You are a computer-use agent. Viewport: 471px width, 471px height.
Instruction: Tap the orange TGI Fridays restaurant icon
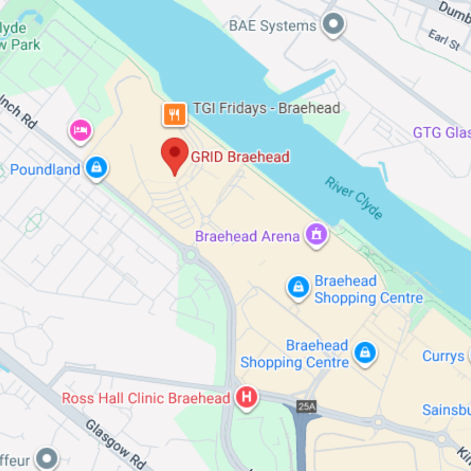pyautogui.click(x=174, y=114)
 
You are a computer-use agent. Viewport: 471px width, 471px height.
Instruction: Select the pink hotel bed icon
pyautogui.click(x=81, y=130)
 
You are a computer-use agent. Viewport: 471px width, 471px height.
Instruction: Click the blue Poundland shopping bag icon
pyautogui.click(x=97, y=167)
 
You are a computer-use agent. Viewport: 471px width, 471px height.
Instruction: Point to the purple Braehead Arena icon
pyautogui.click(x=317, y=235)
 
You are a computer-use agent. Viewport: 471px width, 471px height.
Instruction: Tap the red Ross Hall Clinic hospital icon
pyautogui.click(x=247, y=396)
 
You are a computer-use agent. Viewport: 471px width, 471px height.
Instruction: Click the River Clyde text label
pyautogui.click(x=354, y=198)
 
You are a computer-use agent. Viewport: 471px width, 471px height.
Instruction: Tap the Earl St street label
pyautogui.click(x=444, y=40)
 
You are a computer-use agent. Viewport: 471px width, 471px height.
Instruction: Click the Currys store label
pyautogui.click(x=443, y=356)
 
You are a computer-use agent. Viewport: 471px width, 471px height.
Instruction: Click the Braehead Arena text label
pyautogui.click(x=247, y=236)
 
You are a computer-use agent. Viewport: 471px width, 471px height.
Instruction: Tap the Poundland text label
pyautogui.click(x=45, y=169)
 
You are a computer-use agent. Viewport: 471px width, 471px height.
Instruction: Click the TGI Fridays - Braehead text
pyautogui.click(x=266, y=108)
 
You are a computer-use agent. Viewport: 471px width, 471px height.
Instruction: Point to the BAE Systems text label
pyautogui.click(x=273, y=26)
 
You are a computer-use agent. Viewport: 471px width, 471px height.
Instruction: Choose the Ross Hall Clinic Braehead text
pyautogui.click(x=146, y=398)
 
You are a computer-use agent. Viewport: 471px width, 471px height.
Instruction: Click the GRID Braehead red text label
pyautogui.click(x=240, y=157)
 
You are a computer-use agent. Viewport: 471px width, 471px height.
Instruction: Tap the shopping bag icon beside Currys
pyautogui.click(x=469, y=355)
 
